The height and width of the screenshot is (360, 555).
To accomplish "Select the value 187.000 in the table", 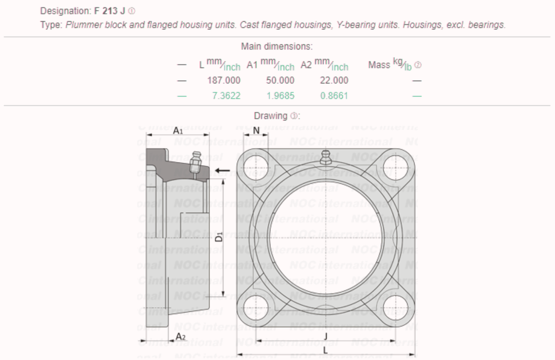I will [x=224, y=80].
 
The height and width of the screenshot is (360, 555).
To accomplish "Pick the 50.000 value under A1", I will [x=280, y=80].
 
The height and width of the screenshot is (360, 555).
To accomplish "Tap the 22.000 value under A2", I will [x=334, y=80].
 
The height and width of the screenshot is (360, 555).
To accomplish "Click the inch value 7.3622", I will [x=226, y=96].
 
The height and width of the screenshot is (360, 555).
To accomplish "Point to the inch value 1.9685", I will [x=281, y=96].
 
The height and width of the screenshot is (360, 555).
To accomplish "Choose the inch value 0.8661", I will [x=334, y=96].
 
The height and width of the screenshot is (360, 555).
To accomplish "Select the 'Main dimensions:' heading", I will [x=277, y=46].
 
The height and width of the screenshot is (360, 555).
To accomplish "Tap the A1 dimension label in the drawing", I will [x=178, y=131].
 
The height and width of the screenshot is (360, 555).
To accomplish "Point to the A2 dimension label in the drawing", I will [x=180, y=336].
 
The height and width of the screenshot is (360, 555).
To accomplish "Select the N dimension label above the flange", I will [x=256, y=131].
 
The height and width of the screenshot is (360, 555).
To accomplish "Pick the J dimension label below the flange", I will [x=326, y=336].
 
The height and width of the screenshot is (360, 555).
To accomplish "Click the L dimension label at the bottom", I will [x=325, y=350].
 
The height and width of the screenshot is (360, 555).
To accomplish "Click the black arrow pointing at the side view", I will [x=223, y=170].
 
